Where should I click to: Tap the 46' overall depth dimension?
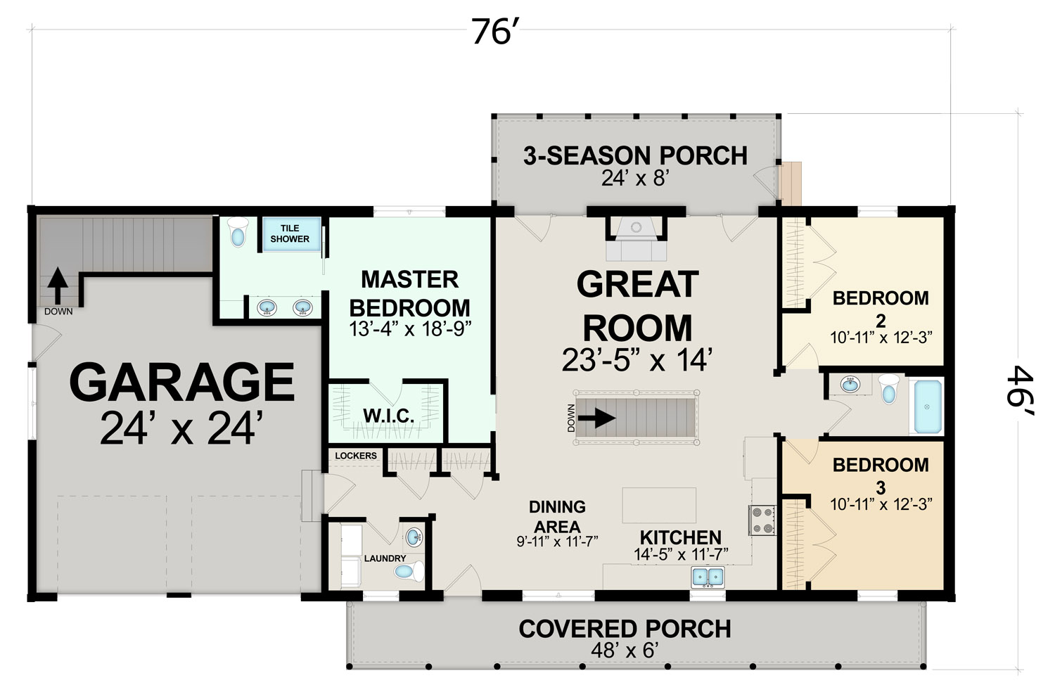click(x=1020, y=391)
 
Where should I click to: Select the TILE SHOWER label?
click(x=290, y=233)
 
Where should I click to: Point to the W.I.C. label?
click(x=388, y=416)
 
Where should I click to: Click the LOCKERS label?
click(x=356, y=456)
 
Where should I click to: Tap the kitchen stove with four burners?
click(x=762, y=520)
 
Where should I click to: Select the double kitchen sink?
click(x=708, y=577)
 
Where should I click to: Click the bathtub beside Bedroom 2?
click(x=928, y=406)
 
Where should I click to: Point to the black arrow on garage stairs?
click(x=58, y=286)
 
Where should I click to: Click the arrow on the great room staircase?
click(x=596, y=418)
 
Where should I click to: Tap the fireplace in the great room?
click(x=637, y=238)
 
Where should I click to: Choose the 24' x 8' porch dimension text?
click(x=635, y=179)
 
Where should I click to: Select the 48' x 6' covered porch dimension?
click(x=625, y=651)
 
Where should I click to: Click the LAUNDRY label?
click(x=385, y=558)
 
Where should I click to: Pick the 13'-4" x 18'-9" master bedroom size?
click(x=410, y=329)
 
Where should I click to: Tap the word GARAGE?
click(x=182, y=382)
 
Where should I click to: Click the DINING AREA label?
click(x=557, y=516)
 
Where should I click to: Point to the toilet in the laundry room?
click(x=409, y=572)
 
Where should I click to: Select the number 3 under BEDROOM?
click(x=881, y=487)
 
